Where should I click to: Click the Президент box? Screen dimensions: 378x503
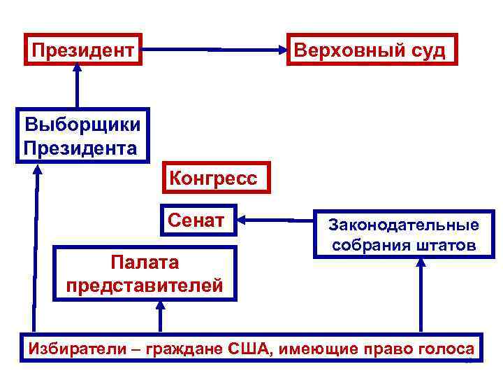coord(82,50)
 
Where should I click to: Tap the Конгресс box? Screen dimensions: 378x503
coord(213,178)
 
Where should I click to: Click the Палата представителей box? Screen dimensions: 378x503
coord(145,274)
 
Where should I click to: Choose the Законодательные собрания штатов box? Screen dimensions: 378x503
coord(404,235)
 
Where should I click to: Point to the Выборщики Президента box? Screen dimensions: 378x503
coord(82,136)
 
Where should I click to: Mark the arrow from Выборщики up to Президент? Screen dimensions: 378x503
coord(77,87)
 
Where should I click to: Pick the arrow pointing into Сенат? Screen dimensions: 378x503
coord(276,221)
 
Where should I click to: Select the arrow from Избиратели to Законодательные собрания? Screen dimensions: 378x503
coord(421,294)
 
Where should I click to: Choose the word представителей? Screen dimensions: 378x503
coord(145,285)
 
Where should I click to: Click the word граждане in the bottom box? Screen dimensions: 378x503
coord(186,349)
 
